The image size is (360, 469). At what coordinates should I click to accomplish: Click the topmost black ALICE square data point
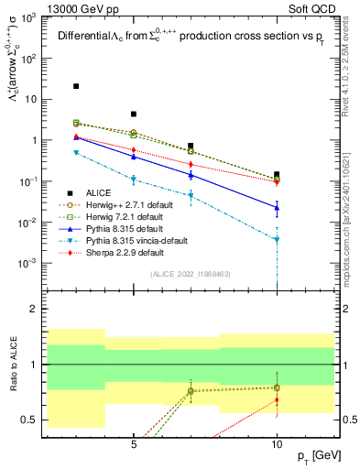tap(76, 86)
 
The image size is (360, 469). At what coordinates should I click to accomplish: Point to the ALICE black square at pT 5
tap(134, 115)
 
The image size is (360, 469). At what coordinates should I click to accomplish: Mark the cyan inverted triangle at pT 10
tap(277, 240)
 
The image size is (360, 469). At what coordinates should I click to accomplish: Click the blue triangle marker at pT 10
tap(277, 208)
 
